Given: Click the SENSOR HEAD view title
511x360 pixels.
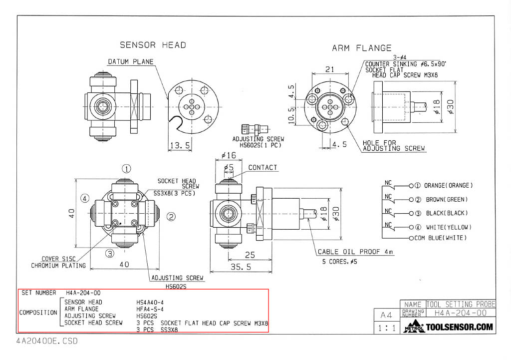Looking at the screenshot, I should tap(153, 45).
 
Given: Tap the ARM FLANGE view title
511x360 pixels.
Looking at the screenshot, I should tap(362, 48).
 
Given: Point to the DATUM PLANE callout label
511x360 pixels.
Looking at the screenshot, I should tap(131, 62).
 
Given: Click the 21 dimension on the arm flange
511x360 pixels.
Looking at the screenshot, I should tap(330, 70).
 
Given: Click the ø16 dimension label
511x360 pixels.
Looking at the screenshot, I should tap(228, 155).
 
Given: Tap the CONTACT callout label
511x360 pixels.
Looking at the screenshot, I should tap(262, 167).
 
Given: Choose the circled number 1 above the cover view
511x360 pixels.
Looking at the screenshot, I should tap(127, 168).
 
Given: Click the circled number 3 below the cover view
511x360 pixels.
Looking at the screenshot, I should tap(110, 253).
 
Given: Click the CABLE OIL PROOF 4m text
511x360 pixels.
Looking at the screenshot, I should tap(355, 252).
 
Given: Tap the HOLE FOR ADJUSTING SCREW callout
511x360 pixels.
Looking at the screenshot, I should tap(394, 146).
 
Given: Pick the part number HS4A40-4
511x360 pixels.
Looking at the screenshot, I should tap(150, 302).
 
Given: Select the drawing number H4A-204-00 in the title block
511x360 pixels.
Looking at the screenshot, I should tap(460, 313).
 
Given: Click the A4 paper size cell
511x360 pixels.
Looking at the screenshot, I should tap(386, 316).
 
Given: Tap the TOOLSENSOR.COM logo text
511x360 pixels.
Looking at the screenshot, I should tap(459, 328).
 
